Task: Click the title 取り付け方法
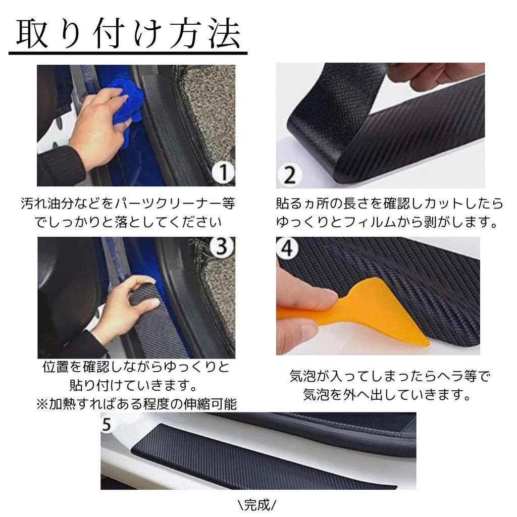[128, 34]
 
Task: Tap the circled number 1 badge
[223, 172]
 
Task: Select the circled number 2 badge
[290, 175]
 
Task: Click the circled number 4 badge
[287, 248]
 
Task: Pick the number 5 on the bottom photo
[106, 425]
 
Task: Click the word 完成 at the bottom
[257, 504]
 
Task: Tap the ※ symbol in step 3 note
[42, 404]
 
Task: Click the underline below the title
[128, 53]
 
